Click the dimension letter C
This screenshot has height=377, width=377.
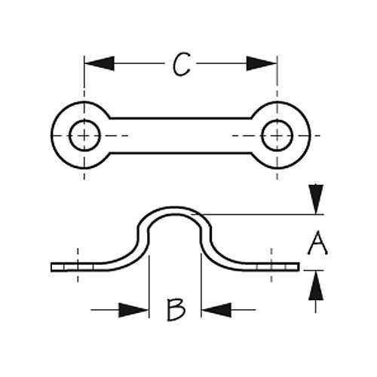182,64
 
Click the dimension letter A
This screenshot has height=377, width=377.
317,243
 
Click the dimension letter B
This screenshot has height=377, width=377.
176,310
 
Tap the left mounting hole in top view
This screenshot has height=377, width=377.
84,136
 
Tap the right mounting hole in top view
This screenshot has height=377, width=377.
277,136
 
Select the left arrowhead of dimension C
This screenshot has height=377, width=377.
100,63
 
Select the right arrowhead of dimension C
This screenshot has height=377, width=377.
262,63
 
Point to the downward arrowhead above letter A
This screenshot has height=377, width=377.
316,199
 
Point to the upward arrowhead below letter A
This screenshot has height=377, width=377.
316,285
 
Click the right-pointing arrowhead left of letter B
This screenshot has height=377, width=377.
133,310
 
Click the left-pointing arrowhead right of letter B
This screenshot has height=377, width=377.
216,310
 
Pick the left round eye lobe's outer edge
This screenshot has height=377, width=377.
51,136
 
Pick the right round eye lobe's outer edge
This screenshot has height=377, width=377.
310,136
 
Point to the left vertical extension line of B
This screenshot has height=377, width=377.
149,287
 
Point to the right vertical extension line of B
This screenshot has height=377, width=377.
201,286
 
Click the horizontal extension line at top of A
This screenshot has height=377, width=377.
258,215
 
